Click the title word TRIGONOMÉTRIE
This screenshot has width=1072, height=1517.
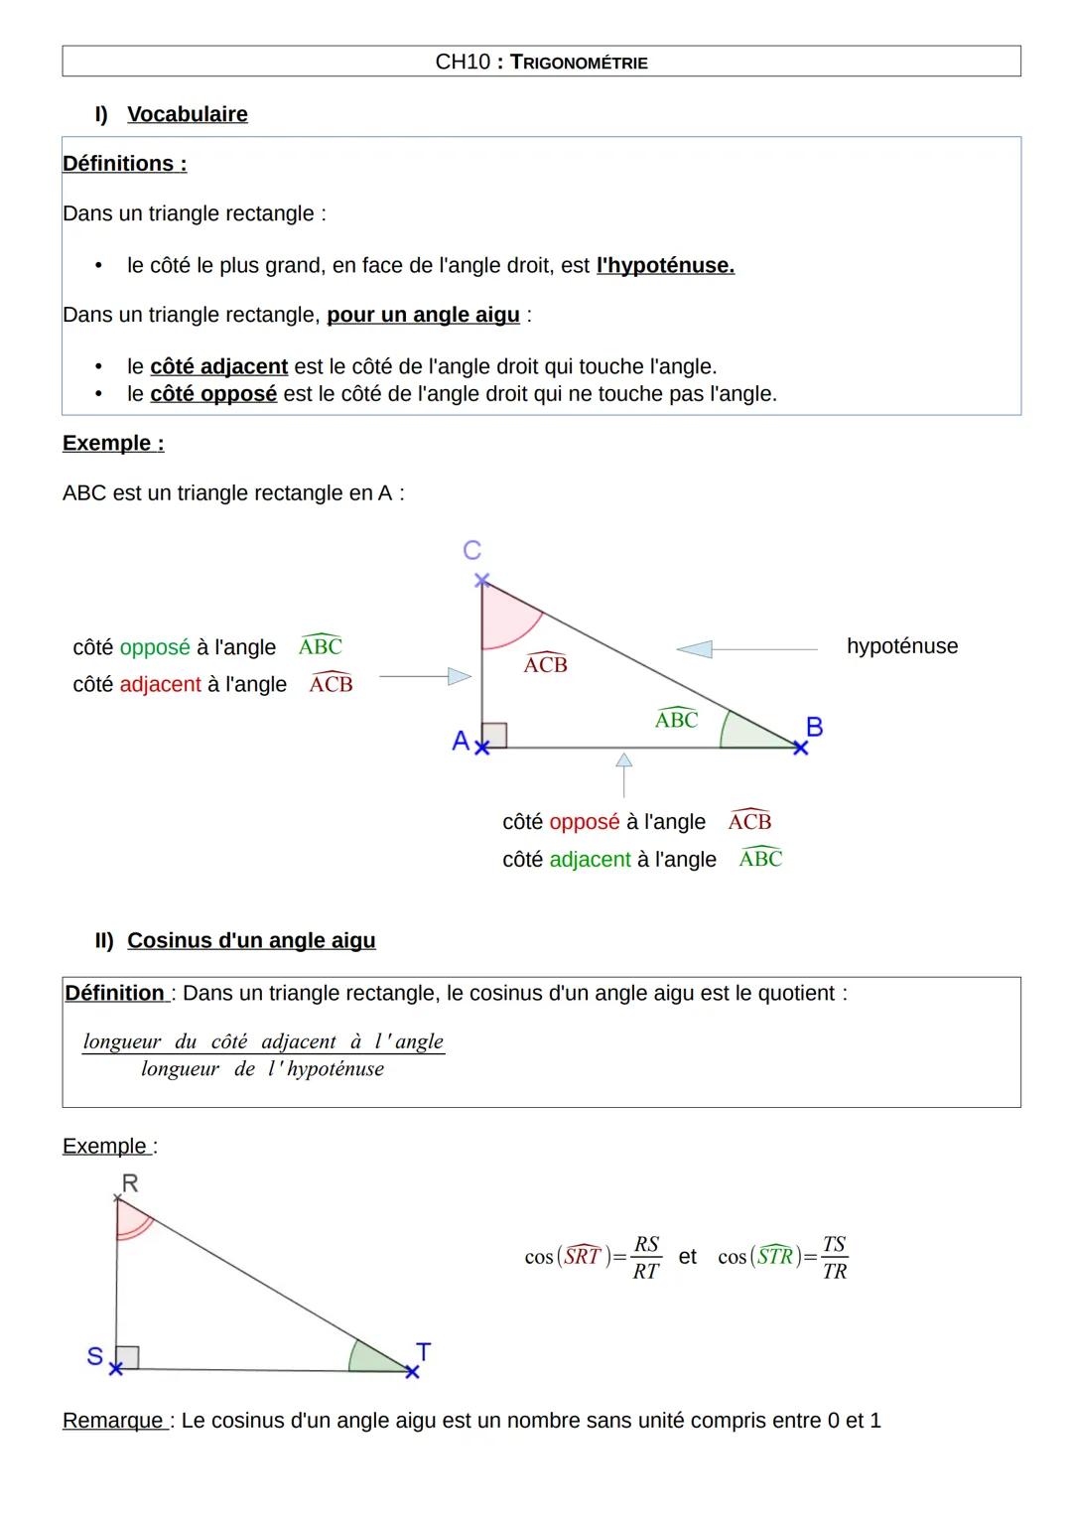[579, 63]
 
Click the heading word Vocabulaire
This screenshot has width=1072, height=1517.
[188, 114]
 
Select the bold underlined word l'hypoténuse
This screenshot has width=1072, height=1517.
[665, 266]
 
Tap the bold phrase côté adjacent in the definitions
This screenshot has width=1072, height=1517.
[218, 367]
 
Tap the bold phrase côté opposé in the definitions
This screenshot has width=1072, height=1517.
[213, 394]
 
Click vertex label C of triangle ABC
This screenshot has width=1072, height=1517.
[472, 550]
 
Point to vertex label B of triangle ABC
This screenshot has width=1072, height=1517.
[814, 727]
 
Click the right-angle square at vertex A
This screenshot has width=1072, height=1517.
[494, 735]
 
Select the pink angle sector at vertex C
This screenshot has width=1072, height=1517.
[504, 616]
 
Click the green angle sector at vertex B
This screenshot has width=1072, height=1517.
[750, 733]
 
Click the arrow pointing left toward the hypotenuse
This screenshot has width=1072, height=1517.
[695, 649]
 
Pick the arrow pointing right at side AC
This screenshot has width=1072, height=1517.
[458, 676]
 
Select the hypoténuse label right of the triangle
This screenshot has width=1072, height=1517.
[902, 646]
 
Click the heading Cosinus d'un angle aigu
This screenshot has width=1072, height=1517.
[251, 940]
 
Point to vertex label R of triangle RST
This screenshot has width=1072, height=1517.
[130, 1182]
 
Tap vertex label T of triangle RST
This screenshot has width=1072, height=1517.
[424, 1351]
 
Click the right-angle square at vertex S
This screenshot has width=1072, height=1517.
[127, 1357]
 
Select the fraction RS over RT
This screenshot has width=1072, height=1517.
[646, 1258]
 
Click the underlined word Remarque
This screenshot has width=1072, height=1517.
[113, 1421]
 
